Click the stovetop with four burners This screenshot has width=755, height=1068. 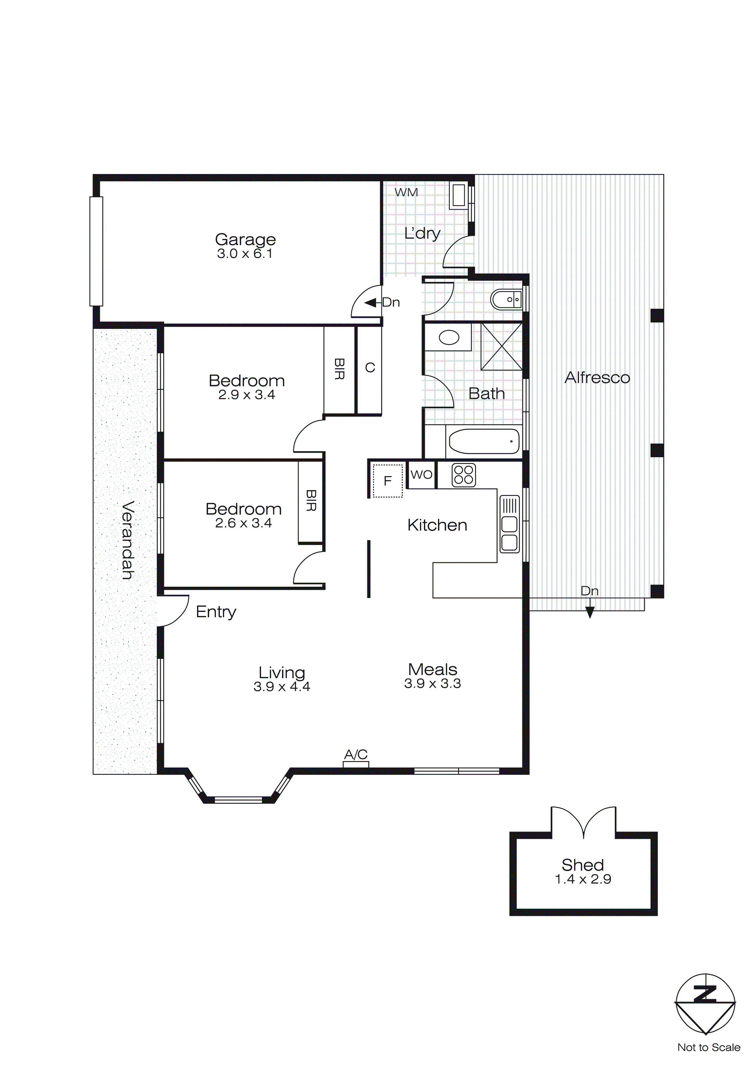pyautogui.click(x=464, y=475)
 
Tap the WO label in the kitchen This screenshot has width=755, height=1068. pyautogui.click(x=421, y=475)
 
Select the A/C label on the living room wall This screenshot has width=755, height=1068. pyautogui.click(x=356, y=754)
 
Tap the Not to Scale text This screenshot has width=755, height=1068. pyautogui.click(x=708, y=1047)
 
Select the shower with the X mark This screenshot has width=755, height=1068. pyautogui.click(x=501, y=347)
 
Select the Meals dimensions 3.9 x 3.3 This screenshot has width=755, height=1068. pyautogui.click(x=432, y=683)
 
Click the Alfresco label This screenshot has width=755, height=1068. pyautogui.click(x=597, y=378)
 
